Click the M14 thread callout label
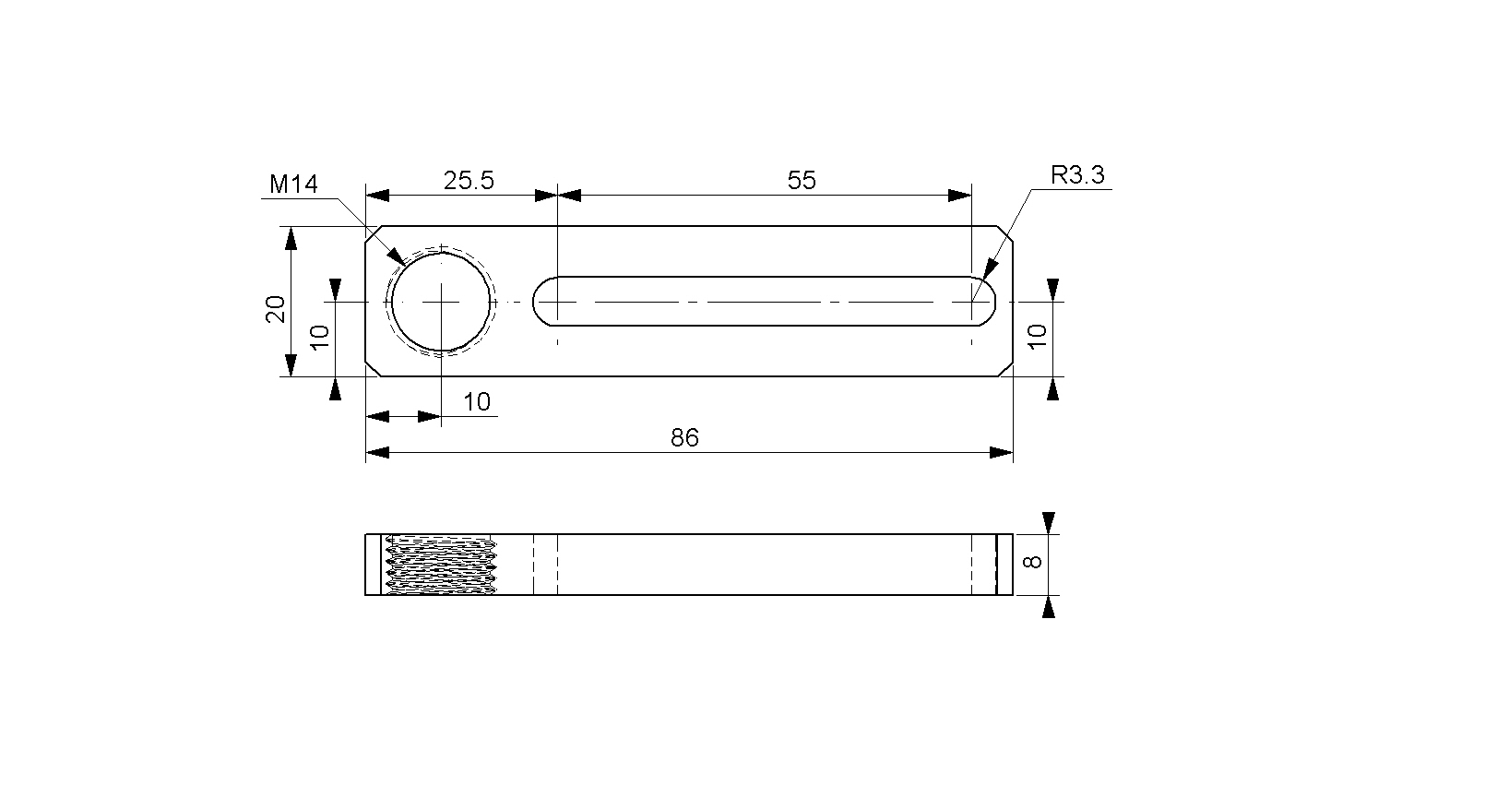click(293, 184)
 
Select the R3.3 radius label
click(1078, 175)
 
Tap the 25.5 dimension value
click(469, 181)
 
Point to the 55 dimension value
click(802, 181)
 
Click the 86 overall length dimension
click(685, 438)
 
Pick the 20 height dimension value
click(276, 309)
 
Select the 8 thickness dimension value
click(1033, 562)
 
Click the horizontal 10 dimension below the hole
click(477, 402)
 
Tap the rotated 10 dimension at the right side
click(1038, 336)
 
